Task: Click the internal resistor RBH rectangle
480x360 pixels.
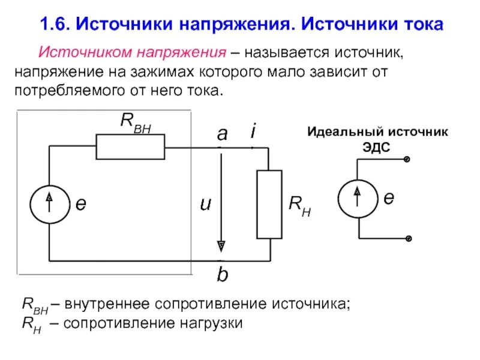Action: (x=130, y=147)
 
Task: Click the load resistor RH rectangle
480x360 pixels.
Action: (x=269, y=204)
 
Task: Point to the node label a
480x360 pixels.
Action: (x=222, y=135)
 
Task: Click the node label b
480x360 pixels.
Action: (x=222, y=275)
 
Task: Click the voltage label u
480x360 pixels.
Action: (x=206, y=205)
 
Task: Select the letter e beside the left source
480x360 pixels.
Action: (x=80, y=204)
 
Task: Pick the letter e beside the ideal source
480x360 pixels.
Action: (x=389, y=198)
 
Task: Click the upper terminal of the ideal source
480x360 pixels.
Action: (x=407, y=160)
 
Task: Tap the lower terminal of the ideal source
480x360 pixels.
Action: (x=407, y=238)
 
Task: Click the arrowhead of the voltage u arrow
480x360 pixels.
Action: (x=221, y=245)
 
